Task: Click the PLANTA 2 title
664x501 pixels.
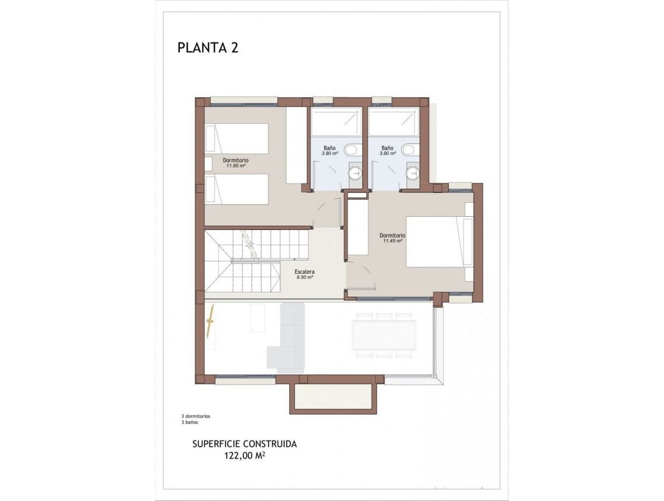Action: [208, 48]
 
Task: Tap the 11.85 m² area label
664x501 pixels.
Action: [236, 165]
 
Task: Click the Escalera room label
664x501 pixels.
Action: [305, 272]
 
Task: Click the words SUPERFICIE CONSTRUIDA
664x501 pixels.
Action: [245, 444]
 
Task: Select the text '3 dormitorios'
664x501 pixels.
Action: [196, 417]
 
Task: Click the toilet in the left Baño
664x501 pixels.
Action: [351, 150]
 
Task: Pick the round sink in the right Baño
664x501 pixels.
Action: [413, 172]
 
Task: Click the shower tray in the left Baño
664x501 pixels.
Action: [336, 122]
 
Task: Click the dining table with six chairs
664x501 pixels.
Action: [384, 335]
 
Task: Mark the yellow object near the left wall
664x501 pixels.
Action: [211, 321]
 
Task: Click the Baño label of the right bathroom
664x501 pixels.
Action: [388, 149]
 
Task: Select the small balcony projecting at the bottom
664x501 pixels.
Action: [330, 397]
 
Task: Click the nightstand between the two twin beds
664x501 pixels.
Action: [208, 164]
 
